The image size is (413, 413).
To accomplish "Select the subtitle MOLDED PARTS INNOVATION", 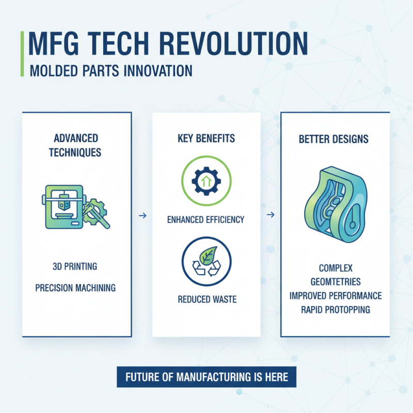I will [x=112, y=70].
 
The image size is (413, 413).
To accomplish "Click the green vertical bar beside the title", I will [x=22, y=54].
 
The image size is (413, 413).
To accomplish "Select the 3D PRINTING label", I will [x=75, y=266].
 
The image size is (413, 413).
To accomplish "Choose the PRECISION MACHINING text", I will [x=75, y=288].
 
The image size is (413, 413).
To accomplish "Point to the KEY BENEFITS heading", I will [x=206, y=138].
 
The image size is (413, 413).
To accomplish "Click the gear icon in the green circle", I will [x=206, y=179].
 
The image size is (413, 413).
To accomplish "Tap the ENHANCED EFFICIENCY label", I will [x=206, y=219].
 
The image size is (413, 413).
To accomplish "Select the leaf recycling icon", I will [x=206, y=262].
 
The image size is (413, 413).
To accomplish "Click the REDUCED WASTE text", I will [x=206, y=299].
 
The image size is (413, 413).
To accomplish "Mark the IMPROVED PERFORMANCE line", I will [x=335, y=296].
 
